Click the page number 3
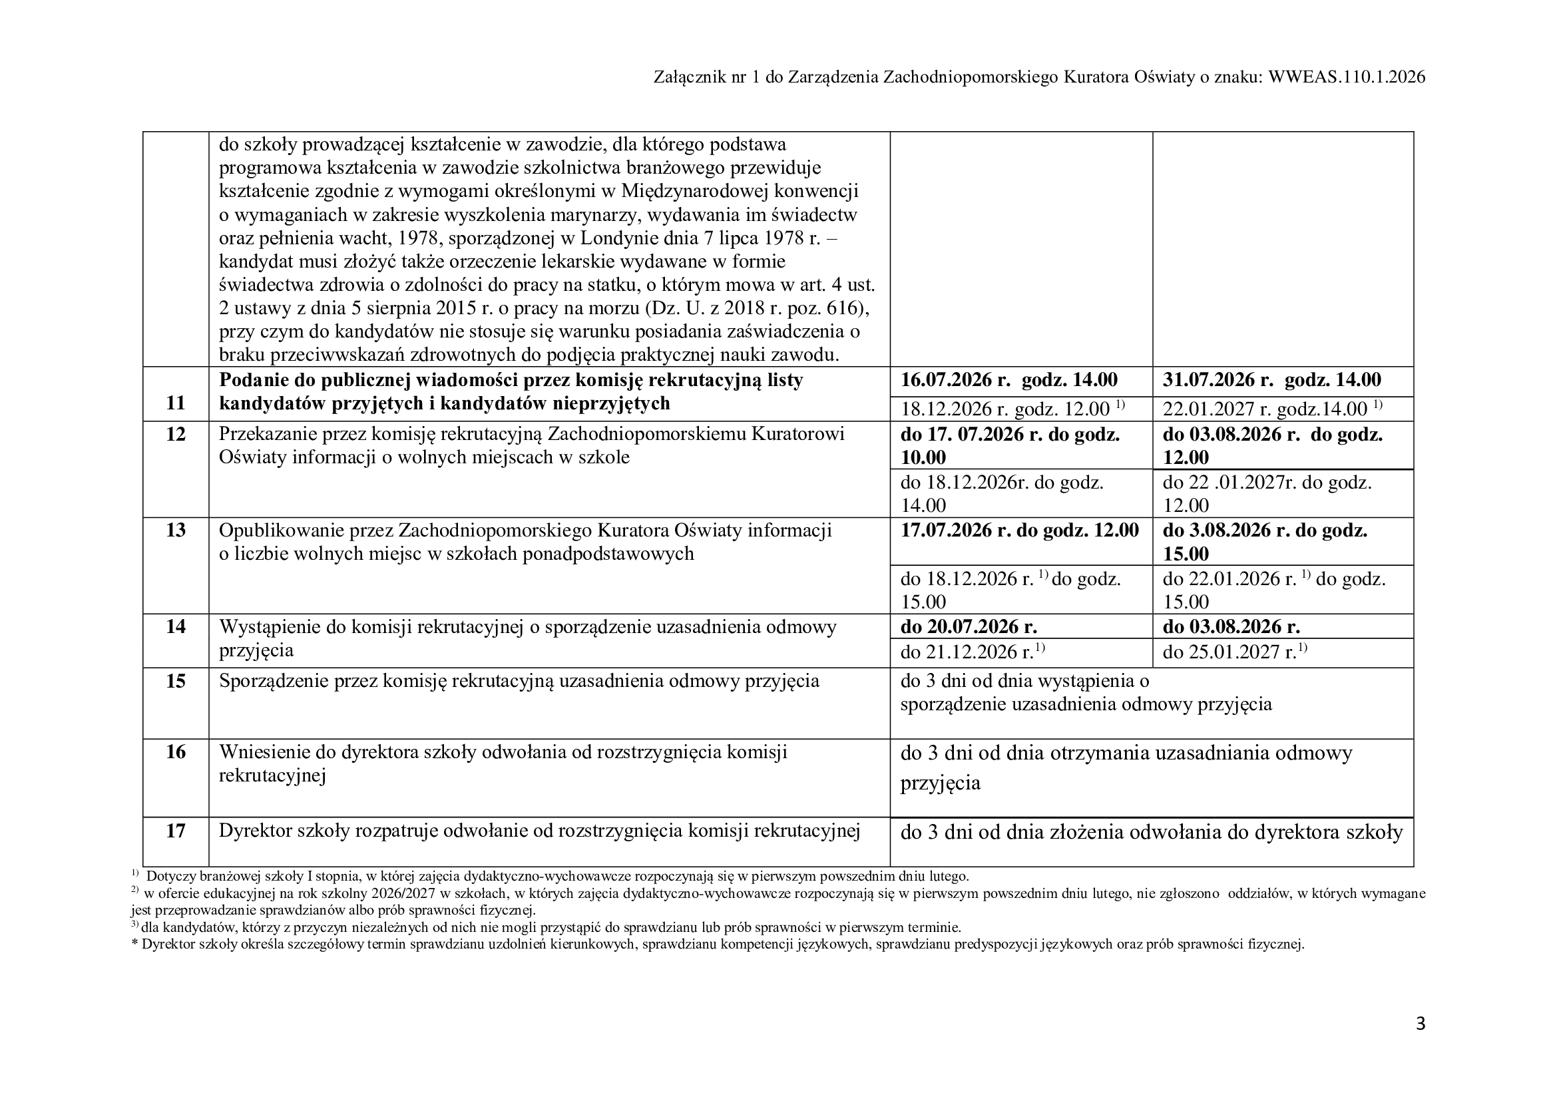pos(1421,1024)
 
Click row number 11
pos(176,403)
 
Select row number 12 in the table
pos(176,434)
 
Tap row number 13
pos(176,530)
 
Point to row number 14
pos(176,626)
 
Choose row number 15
pos(176,681)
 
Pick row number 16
pos(176,752)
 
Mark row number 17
pos(176,831)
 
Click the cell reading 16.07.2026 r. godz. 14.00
pos(1008,380)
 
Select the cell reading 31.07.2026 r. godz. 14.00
pos(1271,380)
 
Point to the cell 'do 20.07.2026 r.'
pos(969,626)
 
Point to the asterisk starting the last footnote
pos(134,945)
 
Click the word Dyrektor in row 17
pos(255,831)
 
